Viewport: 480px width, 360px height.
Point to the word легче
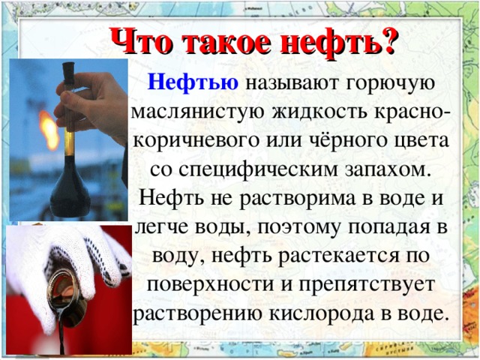pyautogui.click(x=163, y=228)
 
